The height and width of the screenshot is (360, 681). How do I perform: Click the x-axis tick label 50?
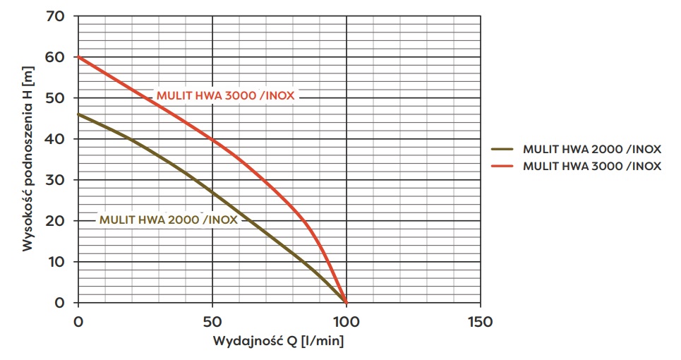pyautogui.click(x=212, y=322)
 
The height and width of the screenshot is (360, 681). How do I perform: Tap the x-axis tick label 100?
pyautogui.click(x=346, y=322)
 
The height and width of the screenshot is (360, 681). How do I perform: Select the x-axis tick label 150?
pyautogui.click(x=480, y=322)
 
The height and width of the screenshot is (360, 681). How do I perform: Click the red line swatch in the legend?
pyautogui.click(x=504, y=166)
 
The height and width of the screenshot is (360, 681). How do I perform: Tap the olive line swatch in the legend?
pyautogui.click(x=504, y=149)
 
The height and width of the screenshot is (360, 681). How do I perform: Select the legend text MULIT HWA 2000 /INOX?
pyautogui.click(x=591, y=149)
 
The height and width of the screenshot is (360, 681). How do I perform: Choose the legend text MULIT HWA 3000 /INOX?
pyautogui.click(x=591, y=166)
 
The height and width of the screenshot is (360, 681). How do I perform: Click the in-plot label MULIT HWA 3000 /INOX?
pyautogui.click(x=225, y=96)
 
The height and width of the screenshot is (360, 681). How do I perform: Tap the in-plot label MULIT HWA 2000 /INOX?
pyautogui.click(x=169, y=219)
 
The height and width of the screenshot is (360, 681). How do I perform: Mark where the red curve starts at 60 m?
pyautogui.click(x=79, y=57)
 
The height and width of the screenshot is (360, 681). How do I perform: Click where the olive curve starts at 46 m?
pyautogui.click(x=79, y=114)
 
